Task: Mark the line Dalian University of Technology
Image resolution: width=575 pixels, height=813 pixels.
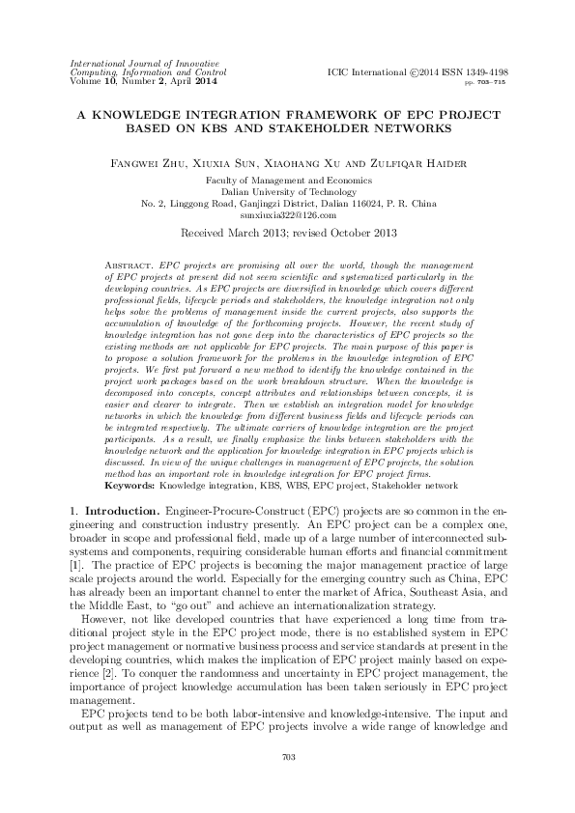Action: point(288,191)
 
